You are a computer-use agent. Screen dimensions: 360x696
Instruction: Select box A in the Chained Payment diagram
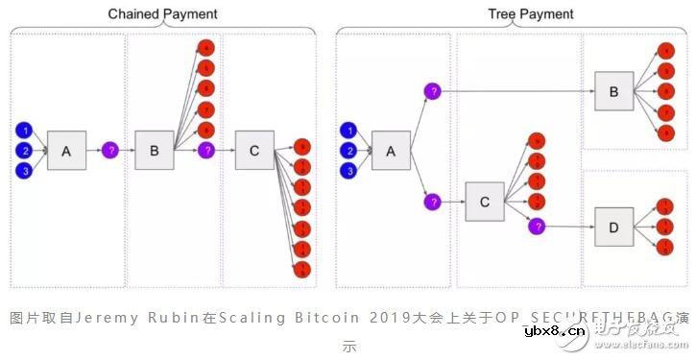coord(66,151)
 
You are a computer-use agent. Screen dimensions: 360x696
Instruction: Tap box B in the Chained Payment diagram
coord(154,151)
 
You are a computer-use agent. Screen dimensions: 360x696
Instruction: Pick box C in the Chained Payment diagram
coord(253,151)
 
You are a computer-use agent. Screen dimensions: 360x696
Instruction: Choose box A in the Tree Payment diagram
coord(391,151)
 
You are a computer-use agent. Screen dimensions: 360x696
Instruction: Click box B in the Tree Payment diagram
coord(613,91)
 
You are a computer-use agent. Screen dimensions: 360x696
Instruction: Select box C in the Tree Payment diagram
coord(485,202)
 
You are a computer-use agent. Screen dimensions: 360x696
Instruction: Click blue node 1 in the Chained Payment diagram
coord(25,131)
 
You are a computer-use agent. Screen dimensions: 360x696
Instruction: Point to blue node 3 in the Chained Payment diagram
coord(25,171)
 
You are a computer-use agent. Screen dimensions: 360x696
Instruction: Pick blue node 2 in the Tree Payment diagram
coord(350,151)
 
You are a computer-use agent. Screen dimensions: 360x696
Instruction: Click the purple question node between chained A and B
coord(110,151)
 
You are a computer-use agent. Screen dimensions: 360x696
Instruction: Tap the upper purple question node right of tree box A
coord(433,91)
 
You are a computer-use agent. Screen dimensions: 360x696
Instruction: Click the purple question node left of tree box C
coord(433,202)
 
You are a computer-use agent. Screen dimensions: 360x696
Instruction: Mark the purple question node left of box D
coord(537,227)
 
